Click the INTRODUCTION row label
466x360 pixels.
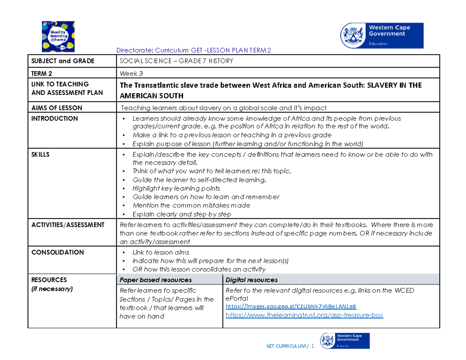tap(55, 118)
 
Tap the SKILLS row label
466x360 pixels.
tap(40, 154)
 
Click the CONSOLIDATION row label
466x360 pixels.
tap(57, 252)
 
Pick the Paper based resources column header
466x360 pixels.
tap(155, 280)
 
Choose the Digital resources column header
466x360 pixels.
tap(251, 280)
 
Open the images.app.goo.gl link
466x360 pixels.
tap(291, 306)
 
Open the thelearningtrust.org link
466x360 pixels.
tap(304, 315)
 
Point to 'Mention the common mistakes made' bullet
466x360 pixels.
tap(191, 205)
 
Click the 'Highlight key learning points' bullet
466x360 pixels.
tap(176, 188)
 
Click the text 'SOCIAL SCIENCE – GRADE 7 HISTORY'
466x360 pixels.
tap(176, 61)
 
